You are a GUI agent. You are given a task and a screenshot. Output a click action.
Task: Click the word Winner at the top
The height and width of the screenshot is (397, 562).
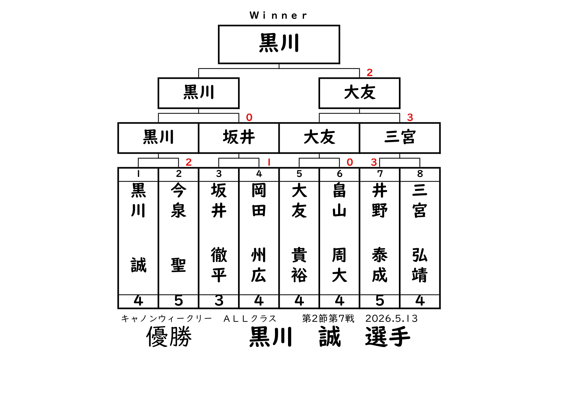(278, 15)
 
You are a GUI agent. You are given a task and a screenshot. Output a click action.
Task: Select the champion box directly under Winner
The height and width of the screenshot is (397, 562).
(279, 45)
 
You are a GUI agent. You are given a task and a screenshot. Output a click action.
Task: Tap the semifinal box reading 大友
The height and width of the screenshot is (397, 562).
(360, 93)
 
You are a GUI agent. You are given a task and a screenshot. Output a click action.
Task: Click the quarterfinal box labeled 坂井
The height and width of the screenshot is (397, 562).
(239, 138)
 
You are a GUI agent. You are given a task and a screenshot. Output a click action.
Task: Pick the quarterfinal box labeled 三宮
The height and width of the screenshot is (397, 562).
(400, 138)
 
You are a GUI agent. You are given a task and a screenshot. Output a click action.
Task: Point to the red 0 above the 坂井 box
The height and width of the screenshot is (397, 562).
(249, 117)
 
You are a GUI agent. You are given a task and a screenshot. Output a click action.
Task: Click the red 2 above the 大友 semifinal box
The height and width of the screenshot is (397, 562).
(370, 73)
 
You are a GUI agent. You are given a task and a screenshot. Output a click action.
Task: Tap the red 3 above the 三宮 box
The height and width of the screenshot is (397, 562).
(410, 117)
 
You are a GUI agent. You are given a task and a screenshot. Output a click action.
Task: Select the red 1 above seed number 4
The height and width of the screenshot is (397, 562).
(269, 162)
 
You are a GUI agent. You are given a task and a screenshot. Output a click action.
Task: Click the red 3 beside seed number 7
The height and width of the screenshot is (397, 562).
(374, 162)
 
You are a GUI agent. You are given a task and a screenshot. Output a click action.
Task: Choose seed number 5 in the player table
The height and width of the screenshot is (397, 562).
(299, 174)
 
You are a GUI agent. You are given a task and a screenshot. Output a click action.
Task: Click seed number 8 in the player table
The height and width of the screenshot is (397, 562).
(420, 174)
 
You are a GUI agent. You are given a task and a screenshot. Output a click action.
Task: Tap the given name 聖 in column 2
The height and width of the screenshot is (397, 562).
(178, 265)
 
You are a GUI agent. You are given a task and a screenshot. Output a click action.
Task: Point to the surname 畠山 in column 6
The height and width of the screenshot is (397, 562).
(339, 200)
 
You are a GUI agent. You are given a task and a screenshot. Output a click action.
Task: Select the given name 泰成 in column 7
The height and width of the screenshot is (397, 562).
(380, 265)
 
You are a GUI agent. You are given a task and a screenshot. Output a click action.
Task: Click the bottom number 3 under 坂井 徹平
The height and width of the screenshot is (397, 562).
(219, 301)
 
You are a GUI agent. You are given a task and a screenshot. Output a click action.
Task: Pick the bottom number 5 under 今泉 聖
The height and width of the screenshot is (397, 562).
(178, 301)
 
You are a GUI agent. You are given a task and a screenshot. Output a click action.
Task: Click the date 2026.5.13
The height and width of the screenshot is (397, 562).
(392, 319)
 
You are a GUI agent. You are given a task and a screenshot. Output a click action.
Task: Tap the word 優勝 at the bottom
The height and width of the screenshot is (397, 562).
(169, 336)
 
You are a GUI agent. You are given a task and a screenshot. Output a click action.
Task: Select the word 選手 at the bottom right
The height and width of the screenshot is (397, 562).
(388, 336)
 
